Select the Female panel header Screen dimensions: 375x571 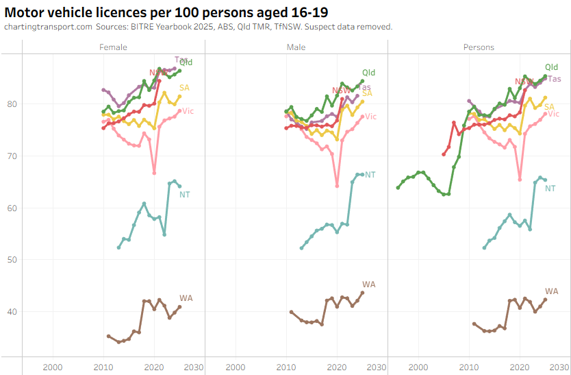pyautogui.click(x=113, y=47)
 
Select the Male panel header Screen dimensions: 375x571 pyautogui.click(x=296, y=47)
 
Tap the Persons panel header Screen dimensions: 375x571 pyautogui.click(x=479, y=47)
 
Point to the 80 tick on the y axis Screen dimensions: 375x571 pyautogui.click(x=12, y=104)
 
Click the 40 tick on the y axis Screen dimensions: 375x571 pyautogui.click(x=12, y=311)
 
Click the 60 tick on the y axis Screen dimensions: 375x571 pyautogui.click(x=12, y=208)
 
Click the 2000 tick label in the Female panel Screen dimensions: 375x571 pyautogui.click(x=53, y=367)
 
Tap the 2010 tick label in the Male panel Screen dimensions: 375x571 pyautogui.click(x=286, y=367)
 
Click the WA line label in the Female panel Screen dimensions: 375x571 pyautogui.click(x=186, y=298)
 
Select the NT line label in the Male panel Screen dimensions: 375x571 pyautogui.click(x=370, y=175)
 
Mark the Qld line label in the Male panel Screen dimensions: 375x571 pyautogui.click(x=369, y=73)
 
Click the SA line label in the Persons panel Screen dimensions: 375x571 pyautogui.click(x=549, y=106)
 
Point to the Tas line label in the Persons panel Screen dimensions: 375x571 pyautogui.click(x=555, y=79)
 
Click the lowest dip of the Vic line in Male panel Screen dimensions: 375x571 pyautogui.click(x=337, y=185)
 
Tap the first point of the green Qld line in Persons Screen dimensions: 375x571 pyautogui.click(x=398, y=188)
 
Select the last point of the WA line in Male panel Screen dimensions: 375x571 pyautogui.click(x=362, y=293)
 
